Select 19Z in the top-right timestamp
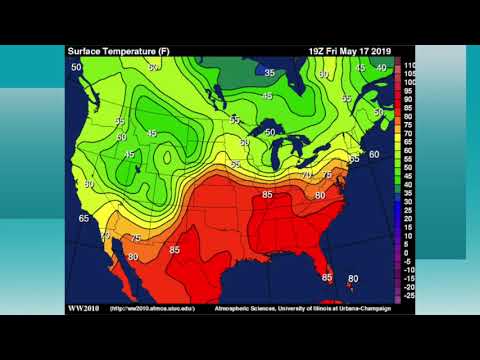tap(319, 50)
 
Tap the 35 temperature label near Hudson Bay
tap(269, 73)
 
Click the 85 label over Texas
tap(175, 249)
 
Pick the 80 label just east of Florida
tap(353, 278)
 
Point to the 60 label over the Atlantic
tap(373, 154)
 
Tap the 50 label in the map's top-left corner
tap(76, 67)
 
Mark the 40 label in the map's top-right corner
tap(381, 67)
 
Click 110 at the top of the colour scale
tap(409, 65)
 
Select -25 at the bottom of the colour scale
tap(408, 295)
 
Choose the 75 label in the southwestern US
tap(135, 238)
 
